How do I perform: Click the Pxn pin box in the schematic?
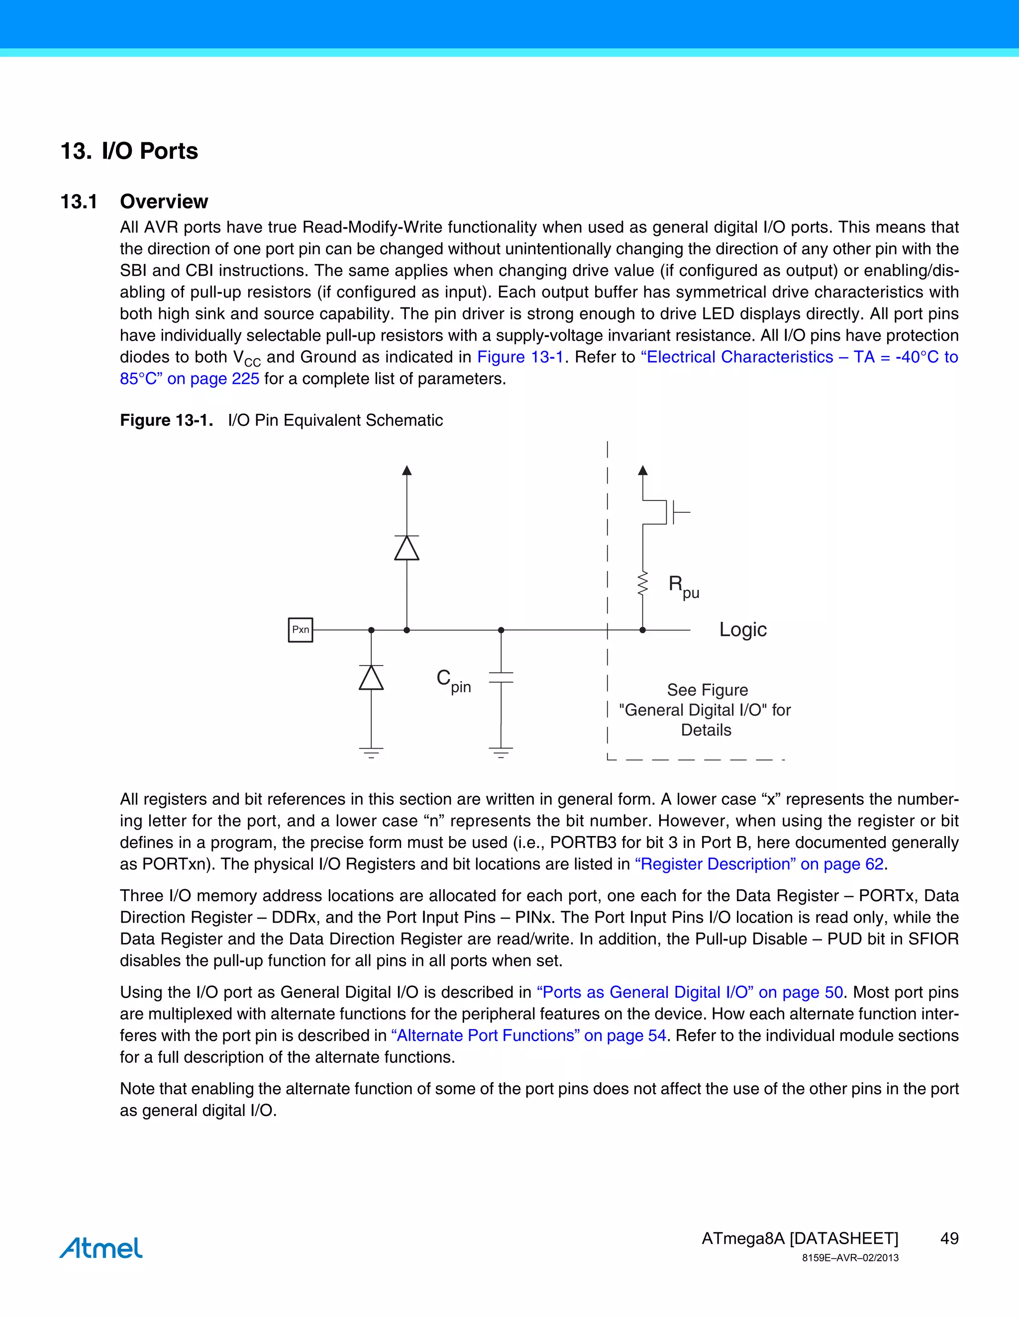tap(300, 630)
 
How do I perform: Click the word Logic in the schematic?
tap(742, 630)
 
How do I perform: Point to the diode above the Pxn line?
tap(407, 548)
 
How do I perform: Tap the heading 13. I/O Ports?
tap(129, 151)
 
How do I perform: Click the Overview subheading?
tap(164, 201)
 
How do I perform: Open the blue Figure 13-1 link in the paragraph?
tap(520, 357)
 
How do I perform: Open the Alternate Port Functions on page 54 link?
tap(528, 1035)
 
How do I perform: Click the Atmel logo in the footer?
tap(101, 1247)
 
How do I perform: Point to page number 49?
tap(949, 1238)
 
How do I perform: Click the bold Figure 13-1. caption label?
tap(167, 420)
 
